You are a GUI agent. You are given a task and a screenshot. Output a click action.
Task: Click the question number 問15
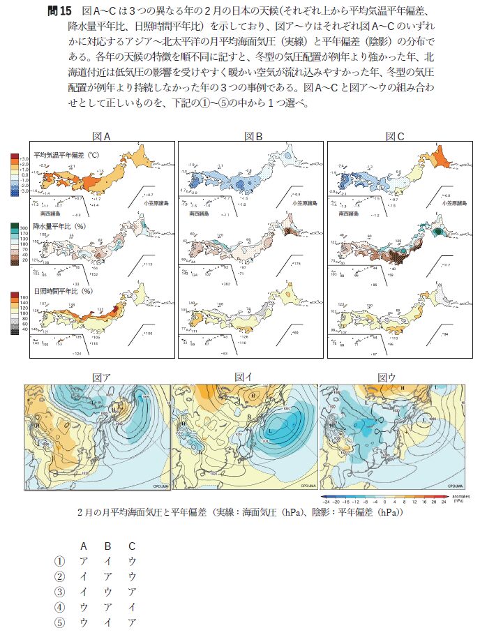point(59,12)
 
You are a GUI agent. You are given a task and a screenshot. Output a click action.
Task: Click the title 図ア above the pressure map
point(101,378)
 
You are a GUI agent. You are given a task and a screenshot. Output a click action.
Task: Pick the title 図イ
point(243,378)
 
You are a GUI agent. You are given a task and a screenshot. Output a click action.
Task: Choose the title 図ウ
point(387,378)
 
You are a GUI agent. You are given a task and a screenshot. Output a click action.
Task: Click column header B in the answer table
point(107,545)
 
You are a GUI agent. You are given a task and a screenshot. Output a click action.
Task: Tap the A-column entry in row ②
point(83,576)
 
